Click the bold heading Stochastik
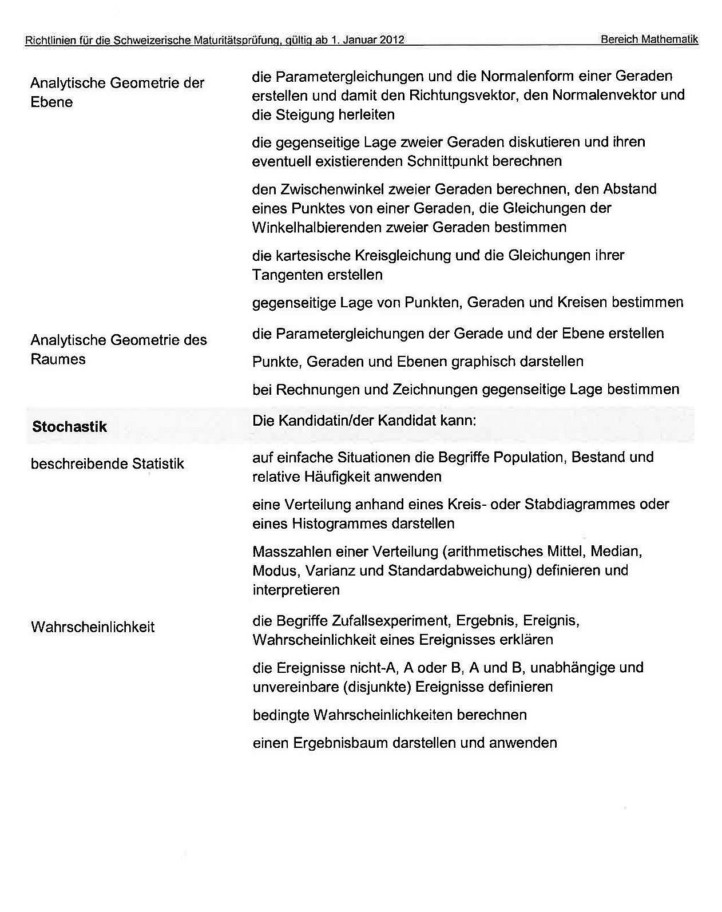click(69, 426)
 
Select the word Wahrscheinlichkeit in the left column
click(93, 627)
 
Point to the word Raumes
click(58, 359)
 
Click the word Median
click(616, 551)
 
